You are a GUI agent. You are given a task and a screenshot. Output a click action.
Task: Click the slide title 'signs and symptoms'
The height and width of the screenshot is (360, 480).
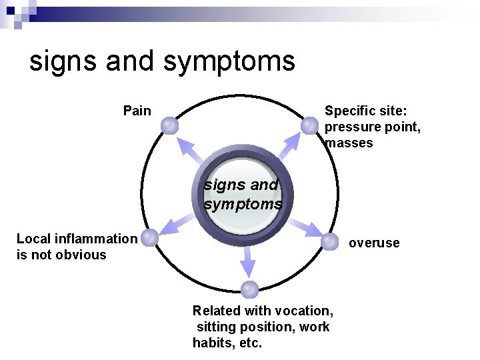tap(162, 61)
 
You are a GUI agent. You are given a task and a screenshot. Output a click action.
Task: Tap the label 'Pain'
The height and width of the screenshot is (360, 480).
tap(137, 111)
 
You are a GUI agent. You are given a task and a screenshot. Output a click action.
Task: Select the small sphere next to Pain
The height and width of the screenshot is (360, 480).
tap(170, 125)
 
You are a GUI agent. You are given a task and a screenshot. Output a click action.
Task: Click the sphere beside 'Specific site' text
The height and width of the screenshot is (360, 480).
tap(309, 125)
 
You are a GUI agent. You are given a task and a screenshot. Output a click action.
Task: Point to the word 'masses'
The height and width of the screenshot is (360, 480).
tap(350, 143)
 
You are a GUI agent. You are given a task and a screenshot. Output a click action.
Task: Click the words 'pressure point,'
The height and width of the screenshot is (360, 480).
tap(373, 127)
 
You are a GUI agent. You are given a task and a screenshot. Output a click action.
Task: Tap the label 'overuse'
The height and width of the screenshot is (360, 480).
tap(374, 243)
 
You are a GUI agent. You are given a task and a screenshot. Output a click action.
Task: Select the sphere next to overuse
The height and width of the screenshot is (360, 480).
tap(329, 242)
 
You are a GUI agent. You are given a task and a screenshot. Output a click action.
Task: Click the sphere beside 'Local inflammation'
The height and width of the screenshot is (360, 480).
tap(150, 237)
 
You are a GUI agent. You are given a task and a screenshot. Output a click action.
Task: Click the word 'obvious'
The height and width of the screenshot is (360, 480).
tap(81, 255)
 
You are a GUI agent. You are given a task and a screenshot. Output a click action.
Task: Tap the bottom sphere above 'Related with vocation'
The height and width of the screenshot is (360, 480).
tap(249, 289)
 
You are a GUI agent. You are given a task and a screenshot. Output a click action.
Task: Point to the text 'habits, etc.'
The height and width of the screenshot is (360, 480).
tap(227, 343)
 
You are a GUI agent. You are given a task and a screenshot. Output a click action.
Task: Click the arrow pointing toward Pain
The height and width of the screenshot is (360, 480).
tap(192, 149)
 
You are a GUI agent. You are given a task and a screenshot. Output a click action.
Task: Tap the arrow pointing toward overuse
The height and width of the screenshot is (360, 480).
tap(303, 227)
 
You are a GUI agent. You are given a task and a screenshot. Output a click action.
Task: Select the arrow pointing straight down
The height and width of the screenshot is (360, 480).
tap(248, 261)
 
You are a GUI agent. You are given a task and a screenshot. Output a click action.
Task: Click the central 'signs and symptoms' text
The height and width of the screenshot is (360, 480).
tap(243, 194)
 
